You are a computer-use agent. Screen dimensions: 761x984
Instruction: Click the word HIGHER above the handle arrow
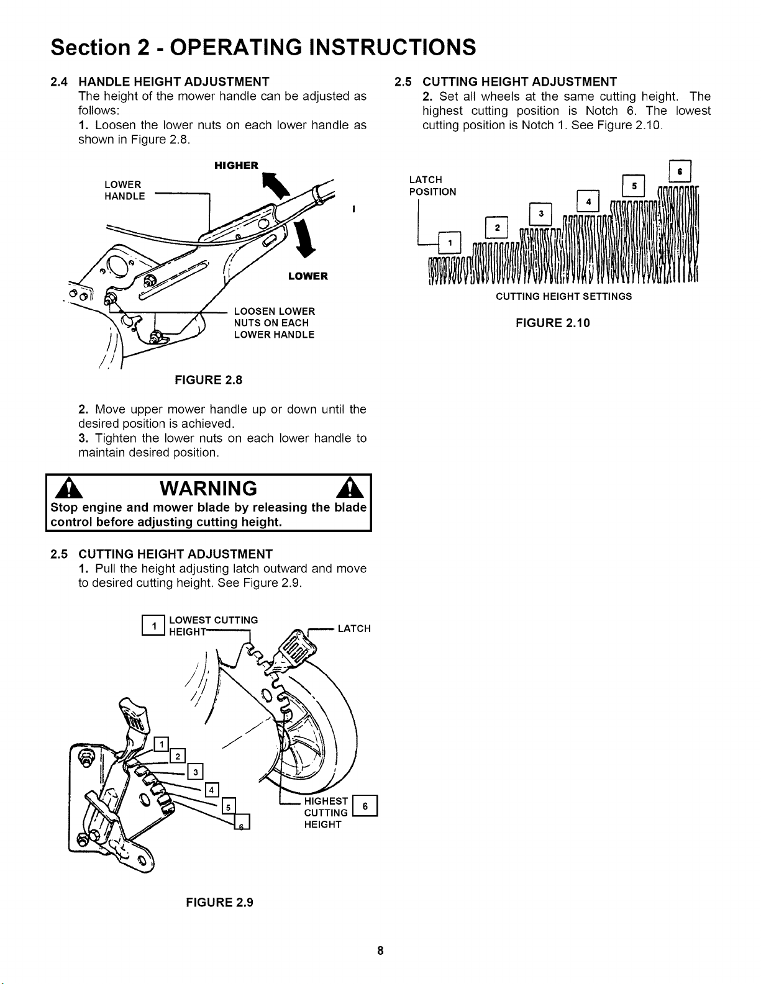(x=236, y=165)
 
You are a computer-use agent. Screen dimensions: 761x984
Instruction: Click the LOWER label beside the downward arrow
(x=308, y=276)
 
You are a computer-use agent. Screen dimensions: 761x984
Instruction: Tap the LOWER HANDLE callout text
(x=125, y=190)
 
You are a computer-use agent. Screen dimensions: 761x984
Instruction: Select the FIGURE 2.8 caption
(x=208, y=380)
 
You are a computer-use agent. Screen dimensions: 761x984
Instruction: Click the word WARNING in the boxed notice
(x=208, y=489)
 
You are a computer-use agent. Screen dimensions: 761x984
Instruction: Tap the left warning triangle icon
(x=68, y=489)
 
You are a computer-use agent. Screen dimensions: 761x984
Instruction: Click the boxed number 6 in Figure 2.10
(x=680, y=171)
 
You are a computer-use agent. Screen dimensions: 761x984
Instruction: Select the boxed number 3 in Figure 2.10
(x=541, y=214)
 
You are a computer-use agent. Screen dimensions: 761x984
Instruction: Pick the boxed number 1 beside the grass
(x=450, y=243)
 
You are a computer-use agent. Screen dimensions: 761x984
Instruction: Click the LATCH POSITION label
(x=432, y=186)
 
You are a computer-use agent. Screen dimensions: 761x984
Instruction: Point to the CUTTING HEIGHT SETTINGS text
(x=563, y=297)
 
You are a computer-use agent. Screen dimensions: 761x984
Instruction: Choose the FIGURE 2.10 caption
(x=553, y=323)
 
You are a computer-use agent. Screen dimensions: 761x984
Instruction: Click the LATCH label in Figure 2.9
(x=354, y=628)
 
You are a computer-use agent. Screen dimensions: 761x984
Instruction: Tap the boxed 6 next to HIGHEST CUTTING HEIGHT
(x=365, y=806)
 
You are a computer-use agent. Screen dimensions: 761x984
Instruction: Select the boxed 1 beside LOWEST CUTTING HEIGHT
(x=153, y=626)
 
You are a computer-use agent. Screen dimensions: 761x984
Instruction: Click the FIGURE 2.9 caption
(x=219, y=903)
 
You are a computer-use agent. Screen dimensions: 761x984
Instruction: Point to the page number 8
(x=380, y=950)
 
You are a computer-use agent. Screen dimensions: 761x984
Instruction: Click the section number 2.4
(x=60, y=82)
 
